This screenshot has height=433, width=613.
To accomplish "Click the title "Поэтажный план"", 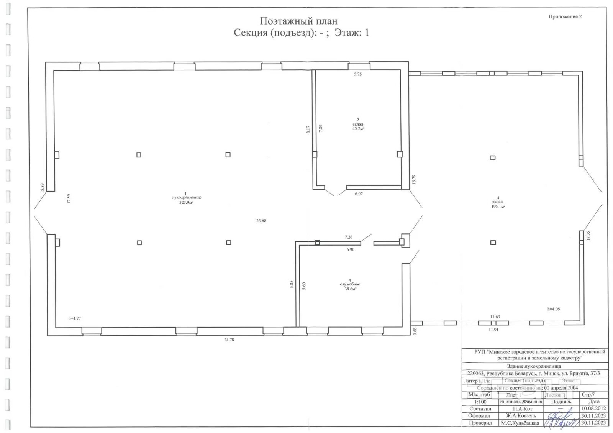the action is (x=298, y=21).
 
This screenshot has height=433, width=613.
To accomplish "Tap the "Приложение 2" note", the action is (x=565, y=16).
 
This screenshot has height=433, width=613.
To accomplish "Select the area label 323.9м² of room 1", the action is (x=186, y=202).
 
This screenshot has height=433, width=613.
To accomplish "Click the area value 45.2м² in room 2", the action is (x=358, y=129).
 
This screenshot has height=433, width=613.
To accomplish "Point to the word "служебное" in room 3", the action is (x=350, y=284).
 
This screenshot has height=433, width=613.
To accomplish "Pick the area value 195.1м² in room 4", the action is (x=498, y=207).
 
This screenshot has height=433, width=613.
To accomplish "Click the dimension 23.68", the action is (x=261, y=221).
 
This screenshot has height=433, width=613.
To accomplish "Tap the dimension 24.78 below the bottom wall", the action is (x=229, y=340).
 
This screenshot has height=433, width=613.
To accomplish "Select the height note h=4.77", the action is (x=75, y=318).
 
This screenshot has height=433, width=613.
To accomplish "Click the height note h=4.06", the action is (x=553, y=309).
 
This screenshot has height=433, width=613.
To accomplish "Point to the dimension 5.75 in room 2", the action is (x=357, y=74).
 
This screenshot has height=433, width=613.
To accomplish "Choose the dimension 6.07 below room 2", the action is (x=359, y=194).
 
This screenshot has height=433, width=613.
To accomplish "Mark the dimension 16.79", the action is (x=414, y=180).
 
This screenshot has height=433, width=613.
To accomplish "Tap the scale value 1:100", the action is (x=480, y=402).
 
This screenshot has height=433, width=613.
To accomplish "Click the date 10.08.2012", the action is (x=593, y=408).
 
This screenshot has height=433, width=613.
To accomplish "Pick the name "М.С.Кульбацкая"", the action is (x=520, y=423).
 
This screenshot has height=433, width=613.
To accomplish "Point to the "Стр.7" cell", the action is (x=588, y=394).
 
